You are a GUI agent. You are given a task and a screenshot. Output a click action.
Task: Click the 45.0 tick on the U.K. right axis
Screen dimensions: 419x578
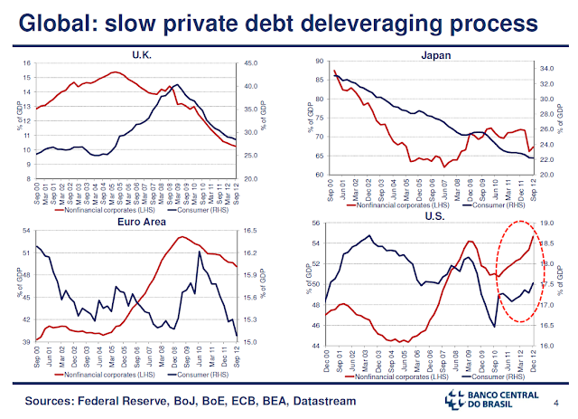[250, 63]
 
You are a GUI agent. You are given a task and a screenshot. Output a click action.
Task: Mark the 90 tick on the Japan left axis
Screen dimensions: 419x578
[320, 61]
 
